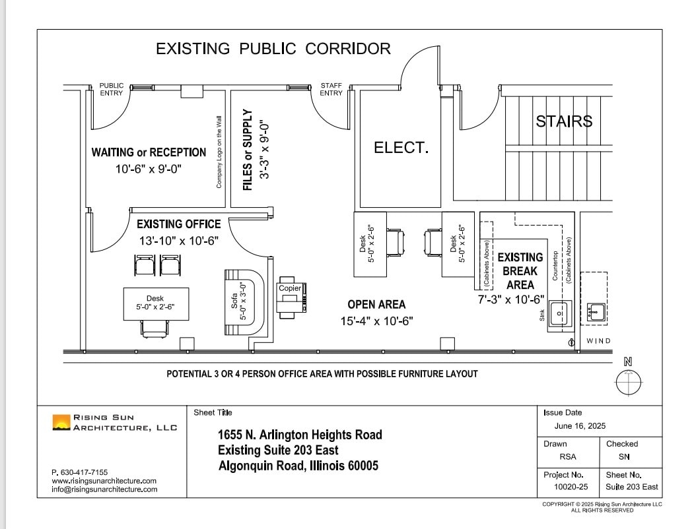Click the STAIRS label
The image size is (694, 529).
pyautogui.click(x=564, y=121)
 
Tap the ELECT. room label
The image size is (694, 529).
pyautogui.click(x=401, y=148)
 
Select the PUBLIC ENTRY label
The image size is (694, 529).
pyautogui.click(x=111, y=89)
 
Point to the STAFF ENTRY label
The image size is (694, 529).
pyautogui.click(x=331, y=89)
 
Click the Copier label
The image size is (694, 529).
pyautogui.click(x=290, y=288)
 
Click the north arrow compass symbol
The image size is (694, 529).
pyautogui.click(x=628, y=381)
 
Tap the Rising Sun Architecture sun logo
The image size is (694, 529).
pyautogui.click(x=61, y=422)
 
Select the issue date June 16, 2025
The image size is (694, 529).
pyautogui.click(x=580, y=426)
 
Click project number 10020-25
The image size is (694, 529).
pyautogui.click(x=571, y=487)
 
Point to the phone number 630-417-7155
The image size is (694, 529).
pyautogui.click(x=79, y=472)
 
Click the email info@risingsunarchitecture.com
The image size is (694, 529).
pyautogui.click(x=104, y=489)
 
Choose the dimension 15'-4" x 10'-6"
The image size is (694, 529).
pyautogui.click(x=377, y=321)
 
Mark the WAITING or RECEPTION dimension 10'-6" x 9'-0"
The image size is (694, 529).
pyautogui.click(x=149, y=169)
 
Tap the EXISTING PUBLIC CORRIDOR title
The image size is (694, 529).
pyautogui.click(x=273, y=49)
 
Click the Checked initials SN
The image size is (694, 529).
pyautogui.click(x=623, y=456)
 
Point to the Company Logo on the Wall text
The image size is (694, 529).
pyautogui.click(x=219, y=151)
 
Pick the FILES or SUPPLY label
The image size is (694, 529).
pyautogui.click(x=248, y=150)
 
